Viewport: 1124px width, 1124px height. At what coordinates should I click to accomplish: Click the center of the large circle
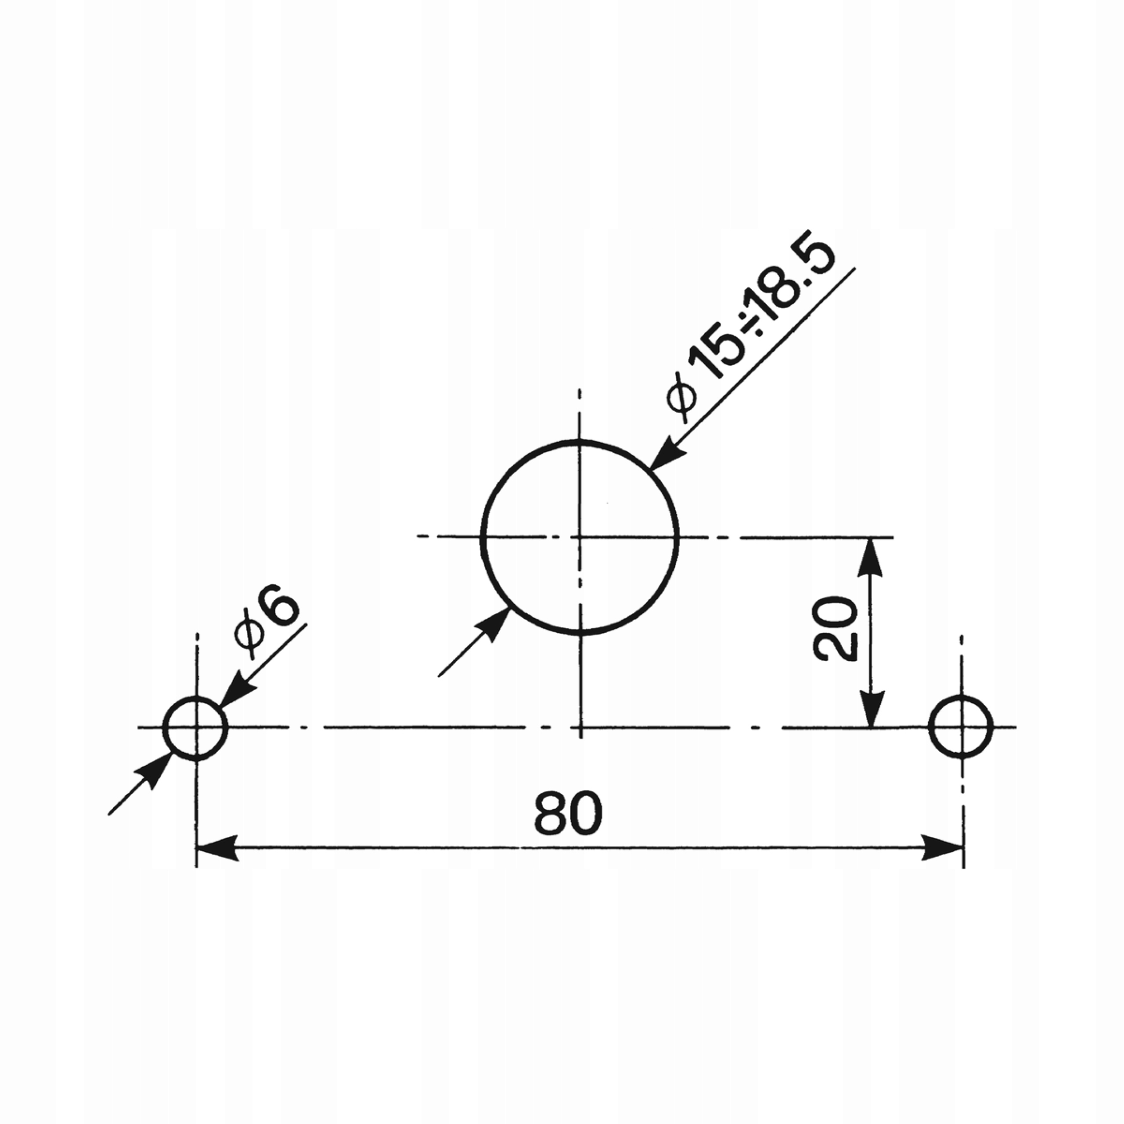(580, 537)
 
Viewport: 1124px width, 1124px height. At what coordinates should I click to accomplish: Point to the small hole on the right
(961, 727)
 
